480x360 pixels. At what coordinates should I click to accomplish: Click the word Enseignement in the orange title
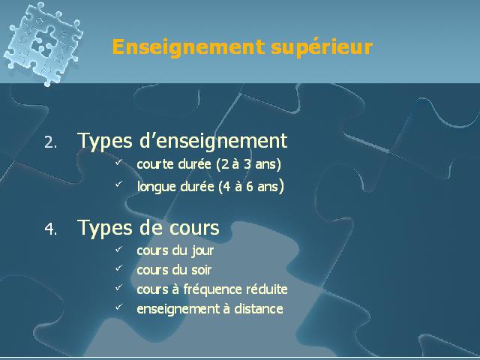point(188,46)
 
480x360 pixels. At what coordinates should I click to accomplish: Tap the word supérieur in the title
point(322,47)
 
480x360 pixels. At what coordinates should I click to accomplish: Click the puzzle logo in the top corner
point(43,43)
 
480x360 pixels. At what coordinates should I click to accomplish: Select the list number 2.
point(50,142)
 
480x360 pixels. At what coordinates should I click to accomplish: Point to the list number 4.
point(50,229)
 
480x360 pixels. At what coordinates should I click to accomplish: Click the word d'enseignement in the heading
point(213,142)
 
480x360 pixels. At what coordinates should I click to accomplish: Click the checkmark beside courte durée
point(118,162)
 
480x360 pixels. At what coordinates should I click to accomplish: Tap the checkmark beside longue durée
point(118,184)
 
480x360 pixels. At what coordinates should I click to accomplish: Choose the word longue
point(157,187)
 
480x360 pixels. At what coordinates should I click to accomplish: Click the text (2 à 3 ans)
point(248,164)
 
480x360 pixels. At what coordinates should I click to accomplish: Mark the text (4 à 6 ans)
point(251,187)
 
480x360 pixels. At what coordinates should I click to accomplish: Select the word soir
point(202,270)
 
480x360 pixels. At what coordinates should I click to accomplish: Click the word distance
point(259,308)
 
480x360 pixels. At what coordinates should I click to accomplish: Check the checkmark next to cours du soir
point(118,268)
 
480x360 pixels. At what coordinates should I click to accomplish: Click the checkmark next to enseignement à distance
point(118,307)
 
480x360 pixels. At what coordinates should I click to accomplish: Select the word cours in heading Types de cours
point(194,228)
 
